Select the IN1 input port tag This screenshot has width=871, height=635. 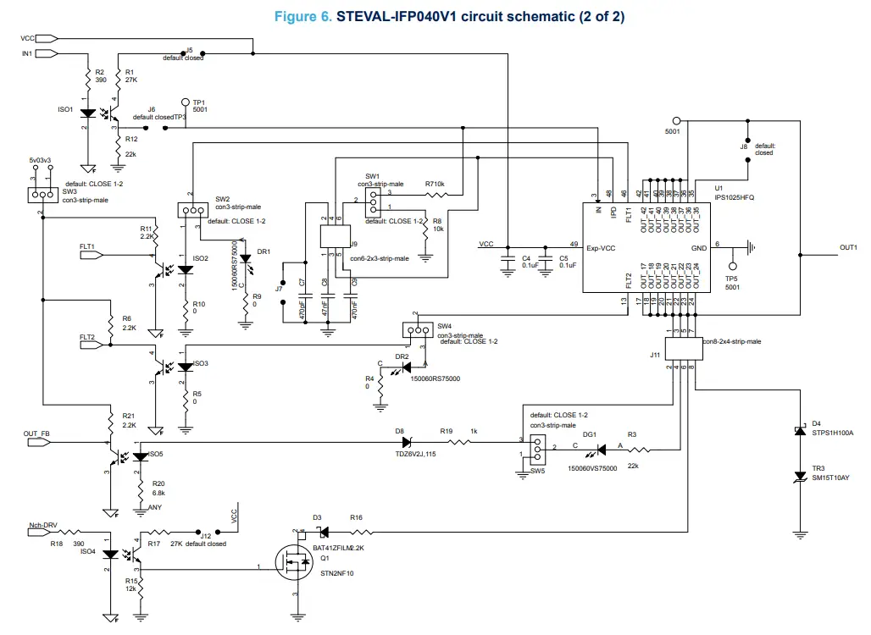[x=46, y=53]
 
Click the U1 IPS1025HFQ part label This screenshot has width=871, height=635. [x=734, y=197]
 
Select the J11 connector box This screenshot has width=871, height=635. [x=684, y=348]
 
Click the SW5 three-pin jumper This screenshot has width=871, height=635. [x=535, y=448]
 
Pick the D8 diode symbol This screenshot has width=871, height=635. [x=406, y=442]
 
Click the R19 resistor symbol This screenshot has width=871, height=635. [x=458, y=442]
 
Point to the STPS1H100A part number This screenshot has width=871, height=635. [x=832, y=433]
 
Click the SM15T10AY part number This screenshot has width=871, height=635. [x=831, y=478]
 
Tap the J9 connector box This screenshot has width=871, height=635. [x=330, y=236]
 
